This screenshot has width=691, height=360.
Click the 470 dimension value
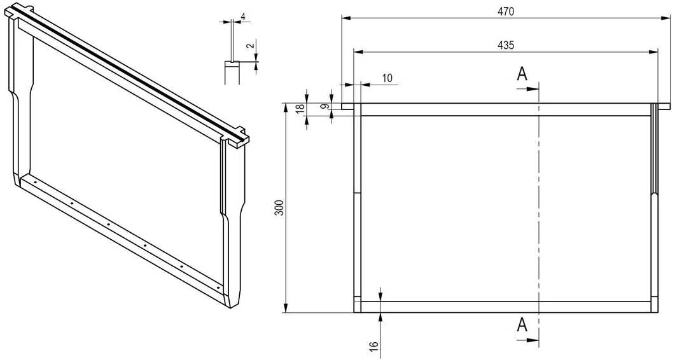click(505, 12)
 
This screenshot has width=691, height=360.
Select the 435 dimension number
click(505, 45)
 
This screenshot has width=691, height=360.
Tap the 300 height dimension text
click(279, 208)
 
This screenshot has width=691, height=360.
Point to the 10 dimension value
click(387, 78)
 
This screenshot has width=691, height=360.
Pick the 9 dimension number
click(325, 106)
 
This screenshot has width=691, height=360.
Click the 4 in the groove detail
click(243, 17)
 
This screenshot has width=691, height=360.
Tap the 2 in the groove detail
click(250, 45)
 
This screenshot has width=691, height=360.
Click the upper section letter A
click(522, 74)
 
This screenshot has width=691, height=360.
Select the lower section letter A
click(522, 325)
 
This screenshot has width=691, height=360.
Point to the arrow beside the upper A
click(527, 88)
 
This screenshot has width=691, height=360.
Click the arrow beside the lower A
click(527, 340)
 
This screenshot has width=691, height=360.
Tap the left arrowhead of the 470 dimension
click(346, 18)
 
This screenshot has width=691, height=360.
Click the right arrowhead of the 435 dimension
click(653, 52)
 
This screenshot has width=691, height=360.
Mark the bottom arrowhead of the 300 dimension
click(286, 308)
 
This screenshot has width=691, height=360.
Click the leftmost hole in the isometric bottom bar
click(34, 182)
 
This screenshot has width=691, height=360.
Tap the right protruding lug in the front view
click(664, 106)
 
